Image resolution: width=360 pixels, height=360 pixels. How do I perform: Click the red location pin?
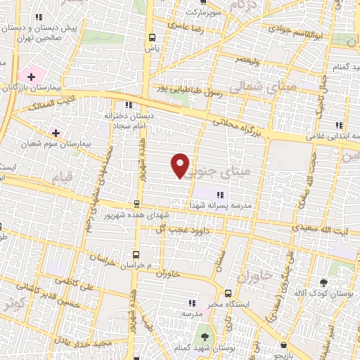click(181, 165)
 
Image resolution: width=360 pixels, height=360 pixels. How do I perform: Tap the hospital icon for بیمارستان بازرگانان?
click(30, 76)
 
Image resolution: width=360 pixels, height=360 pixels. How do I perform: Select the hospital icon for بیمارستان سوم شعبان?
click(56, 132)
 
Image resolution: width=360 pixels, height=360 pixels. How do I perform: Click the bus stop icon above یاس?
click(151, 38)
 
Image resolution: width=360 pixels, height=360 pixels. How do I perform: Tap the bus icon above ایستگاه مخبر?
click(228, 294)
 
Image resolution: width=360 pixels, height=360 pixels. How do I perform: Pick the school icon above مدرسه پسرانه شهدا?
click(220, 195)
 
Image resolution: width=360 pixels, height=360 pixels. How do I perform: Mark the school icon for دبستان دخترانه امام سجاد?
click(127, 105)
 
